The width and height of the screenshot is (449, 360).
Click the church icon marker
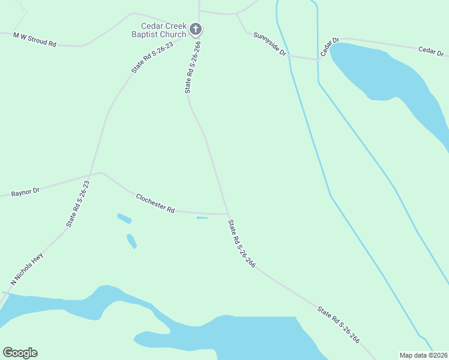(195, 28)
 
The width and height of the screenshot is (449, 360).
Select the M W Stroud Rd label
(35, 40)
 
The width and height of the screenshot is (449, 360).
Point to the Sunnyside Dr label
(270, 44)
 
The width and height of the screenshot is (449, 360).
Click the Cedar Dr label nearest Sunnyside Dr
(330, 47)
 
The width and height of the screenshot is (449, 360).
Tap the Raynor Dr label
(25, 192)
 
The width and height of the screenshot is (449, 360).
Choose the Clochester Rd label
(155, 203)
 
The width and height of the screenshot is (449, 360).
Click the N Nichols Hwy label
(27, 268)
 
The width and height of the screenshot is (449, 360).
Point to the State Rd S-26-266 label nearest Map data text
(339, 325)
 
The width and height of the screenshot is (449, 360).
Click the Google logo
(20, 353)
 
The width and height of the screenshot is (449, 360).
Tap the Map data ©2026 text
(423, 355)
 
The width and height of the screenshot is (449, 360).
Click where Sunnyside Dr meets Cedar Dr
(318, 59)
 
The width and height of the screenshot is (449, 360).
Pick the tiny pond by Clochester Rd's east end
(202, 218)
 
